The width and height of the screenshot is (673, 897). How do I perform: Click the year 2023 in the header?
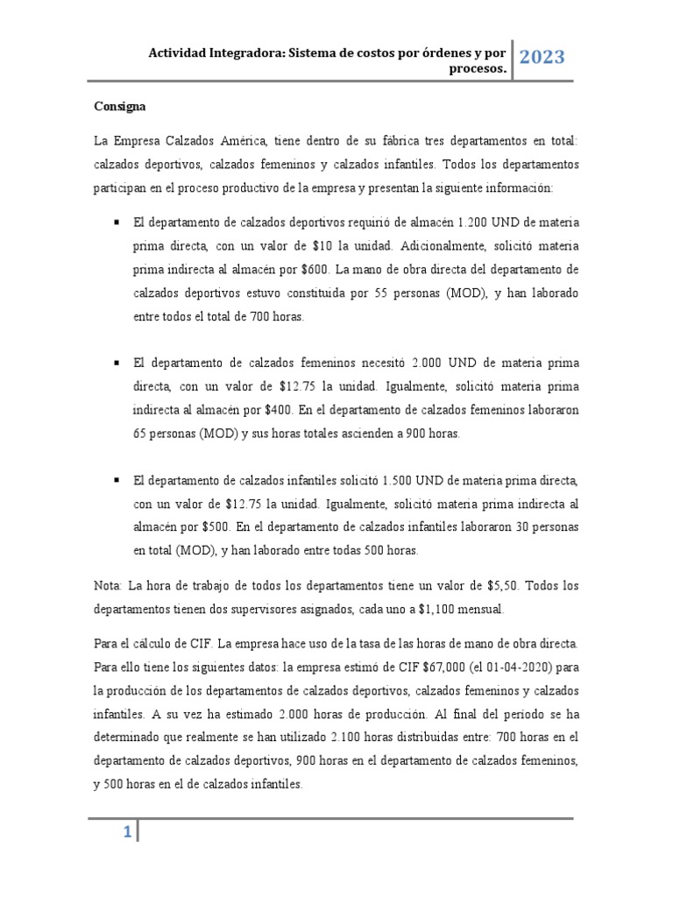coord(542,58)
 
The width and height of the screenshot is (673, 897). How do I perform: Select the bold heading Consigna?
coord(120,106)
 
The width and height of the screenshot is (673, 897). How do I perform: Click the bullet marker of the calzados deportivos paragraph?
coord(116,223)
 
